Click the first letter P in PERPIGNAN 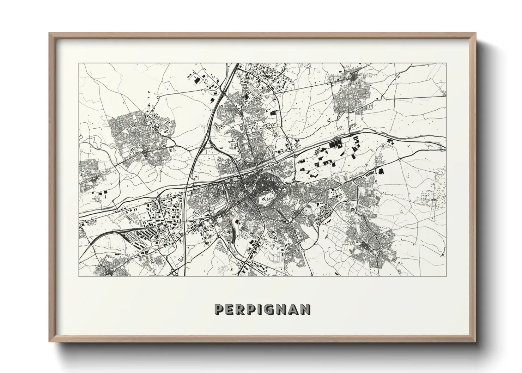(x=219, y=310)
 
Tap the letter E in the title (x=230, y=310)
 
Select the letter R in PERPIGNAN (x=241, y=310)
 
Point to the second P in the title (x=252, y=310)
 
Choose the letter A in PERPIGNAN (x=294, y=310)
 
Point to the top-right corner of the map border (x=446, y=63)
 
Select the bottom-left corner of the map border (x=79, y=276)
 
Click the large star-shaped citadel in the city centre (x=267, y=201)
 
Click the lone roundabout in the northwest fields (x=158, y=97)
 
